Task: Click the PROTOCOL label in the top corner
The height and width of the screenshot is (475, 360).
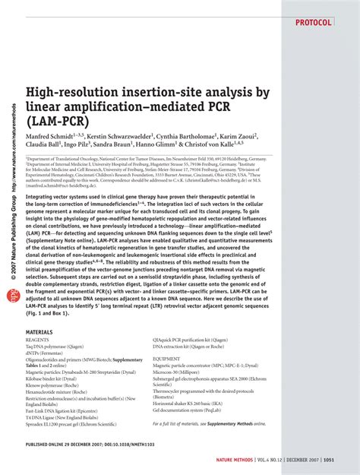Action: pyautogui.click(x=311, y=23)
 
